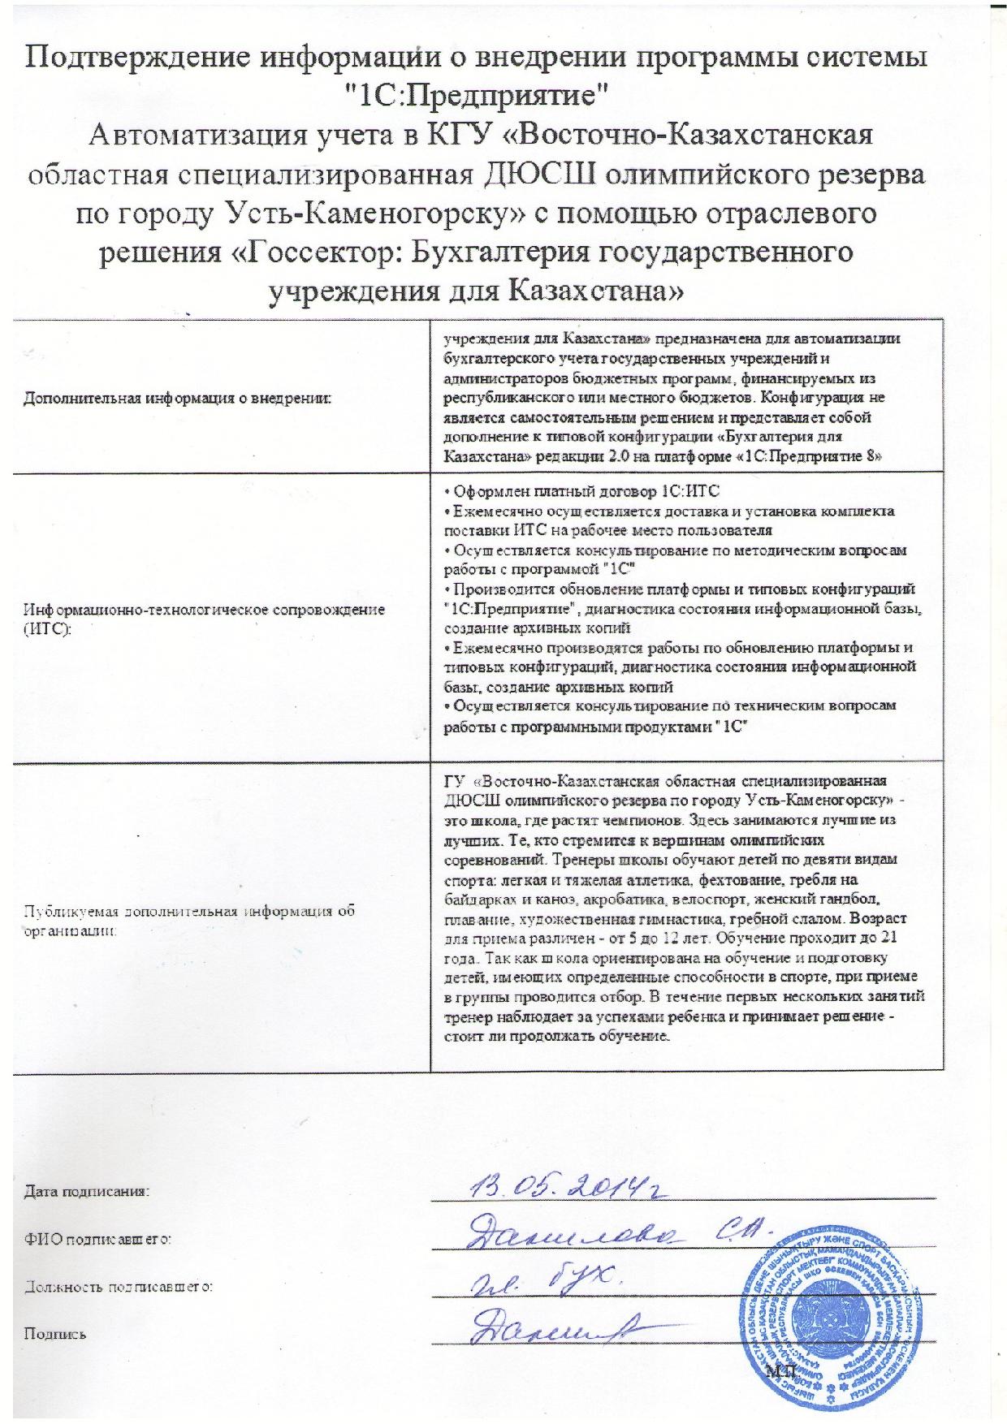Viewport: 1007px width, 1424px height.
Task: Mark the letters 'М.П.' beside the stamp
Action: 782,1370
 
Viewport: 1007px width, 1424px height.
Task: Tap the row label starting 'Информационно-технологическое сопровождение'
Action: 204,608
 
